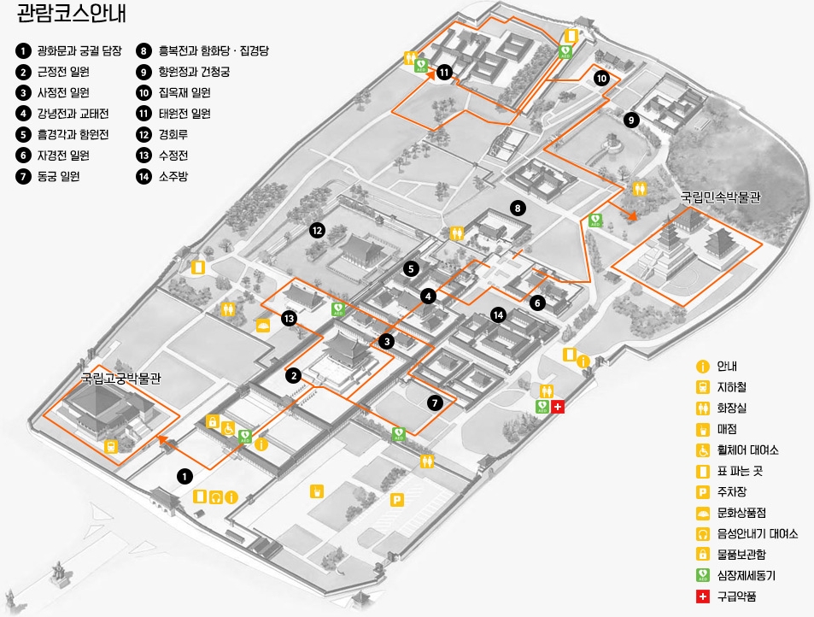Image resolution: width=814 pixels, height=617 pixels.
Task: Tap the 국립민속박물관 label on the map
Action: [720, 197]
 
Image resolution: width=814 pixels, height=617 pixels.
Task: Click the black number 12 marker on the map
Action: [317, 230]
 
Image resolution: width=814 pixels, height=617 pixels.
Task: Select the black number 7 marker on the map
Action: [435, 403]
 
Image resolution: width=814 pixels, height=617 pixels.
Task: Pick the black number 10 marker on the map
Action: [601, 79]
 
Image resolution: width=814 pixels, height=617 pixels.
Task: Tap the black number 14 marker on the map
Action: [499, 315]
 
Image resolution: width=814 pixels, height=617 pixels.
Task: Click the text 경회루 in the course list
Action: [176, 134]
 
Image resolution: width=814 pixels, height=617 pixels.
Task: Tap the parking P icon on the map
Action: [396, 500]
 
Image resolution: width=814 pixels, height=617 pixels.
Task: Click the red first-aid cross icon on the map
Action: [558, 407]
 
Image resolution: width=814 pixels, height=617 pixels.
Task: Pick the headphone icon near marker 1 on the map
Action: [216, 497]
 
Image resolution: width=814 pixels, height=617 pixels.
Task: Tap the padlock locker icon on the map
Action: [213, 420]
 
